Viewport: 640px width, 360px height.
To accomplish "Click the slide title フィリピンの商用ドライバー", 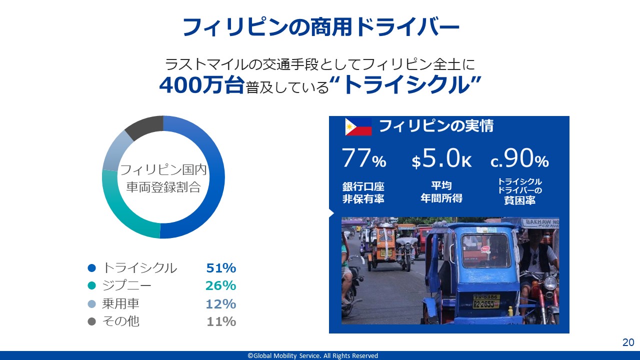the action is coord(320,27).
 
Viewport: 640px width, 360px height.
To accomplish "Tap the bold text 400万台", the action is coord(201,85).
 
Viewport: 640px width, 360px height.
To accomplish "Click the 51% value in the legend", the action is coord(221,268).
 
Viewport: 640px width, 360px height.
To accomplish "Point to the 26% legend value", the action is coord(221,285).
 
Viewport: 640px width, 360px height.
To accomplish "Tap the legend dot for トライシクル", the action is coord(91,268).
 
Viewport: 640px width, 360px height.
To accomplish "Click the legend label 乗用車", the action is coord(120,303).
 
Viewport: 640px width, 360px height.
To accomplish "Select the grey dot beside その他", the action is coord(91,321).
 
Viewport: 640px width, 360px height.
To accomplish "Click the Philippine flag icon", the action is coord(358,126).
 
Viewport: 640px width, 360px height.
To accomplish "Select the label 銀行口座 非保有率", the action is coord(363,192).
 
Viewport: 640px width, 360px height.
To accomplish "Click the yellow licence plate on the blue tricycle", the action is coord(486,301).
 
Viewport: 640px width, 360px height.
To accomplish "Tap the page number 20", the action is coord(628,342).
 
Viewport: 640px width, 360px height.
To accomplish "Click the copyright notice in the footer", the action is coord(313,355).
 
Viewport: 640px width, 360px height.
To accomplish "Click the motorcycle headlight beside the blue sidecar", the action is coord(549,283).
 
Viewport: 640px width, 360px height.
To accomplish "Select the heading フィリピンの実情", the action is coord(436,126).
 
